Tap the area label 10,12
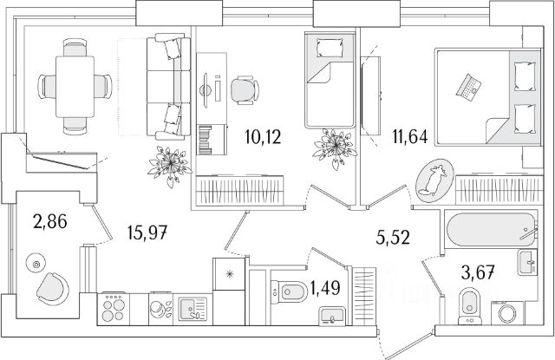click(261, 137)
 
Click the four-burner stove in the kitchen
click(114, 307)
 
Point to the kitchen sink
click(189, 307)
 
